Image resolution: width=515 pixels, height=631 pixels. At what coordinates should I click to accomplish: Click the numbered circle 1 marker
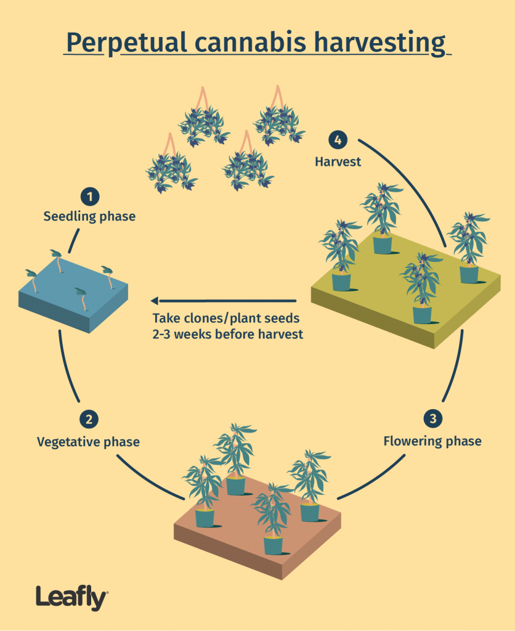pyautogui.click(x=90, y=198)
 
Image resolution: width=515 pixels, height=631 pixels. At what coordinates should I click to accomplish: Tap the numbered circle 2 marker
pyautogui.click(x=89, y=420)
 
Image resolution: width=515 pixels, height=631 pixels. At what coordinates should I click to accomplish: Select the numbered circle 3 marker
pyautogui.click(x=433, y=419)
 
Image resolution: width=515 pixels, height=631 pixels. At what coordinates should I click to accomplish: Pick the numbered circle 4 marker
pyautogui.click(x=336, y=140)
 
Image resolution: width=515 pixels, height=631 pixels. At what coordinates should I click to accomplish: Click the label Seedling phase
pyautogui.click(x=89, y=217)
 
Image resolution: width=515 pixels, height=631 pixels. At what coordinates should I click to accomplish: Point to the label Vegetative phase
pyautogui.click(x=88, y=442)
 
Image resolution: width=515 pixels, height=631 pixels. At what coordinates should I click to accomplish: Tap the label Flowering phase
pyautogui.click(x=432, y=441)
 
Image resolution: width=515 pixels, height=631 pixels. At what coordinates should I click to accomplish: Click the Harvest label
pyautogui.click(x=338, y=162)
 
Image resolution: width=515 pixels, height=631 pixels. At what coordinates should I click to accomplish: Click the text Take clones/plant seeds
pyautogui.click(x=225, y=319)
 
